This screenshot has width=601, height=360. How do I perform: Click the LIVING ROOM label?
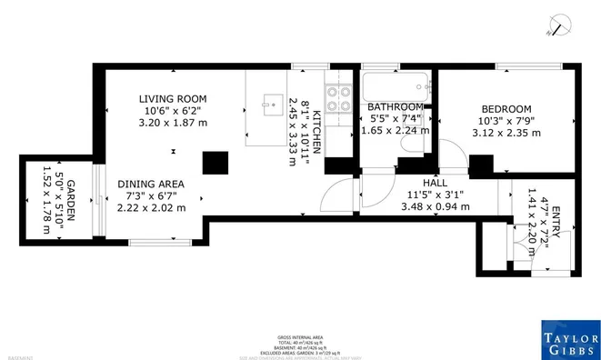173,98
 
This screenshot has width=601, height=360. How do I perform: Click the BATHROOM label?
396,107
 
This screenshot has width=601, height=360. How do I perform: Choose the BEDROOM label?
505,107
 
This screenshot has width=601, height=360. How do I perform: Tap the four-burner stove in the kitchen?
338,98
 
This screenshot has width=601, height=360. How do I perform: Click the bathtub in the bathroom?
392,90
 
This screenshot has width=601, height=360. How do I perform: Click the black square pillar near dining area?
215,162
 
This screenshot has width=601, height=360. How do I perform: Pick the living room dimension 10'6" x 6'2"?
173,110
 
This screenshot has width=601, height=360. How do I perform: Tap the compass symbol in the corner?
562,27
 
